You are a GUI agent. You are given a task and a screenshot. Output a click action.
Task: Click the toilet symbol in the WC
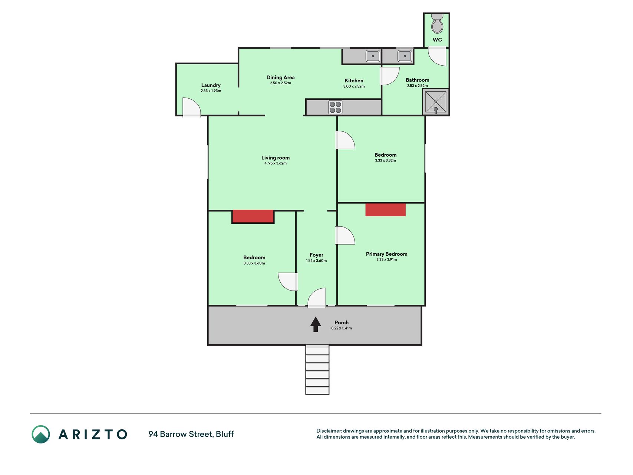tap(437, 24)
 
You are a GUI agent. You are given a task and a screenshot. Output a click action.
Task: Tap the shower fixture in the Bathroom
tap(436, 102)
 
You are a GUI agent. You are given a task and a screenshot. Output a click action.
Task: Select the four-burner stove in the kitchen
tap(335, 107)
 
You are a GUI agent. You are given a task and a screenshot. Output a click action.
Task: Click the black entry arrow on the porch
tap(316, 324)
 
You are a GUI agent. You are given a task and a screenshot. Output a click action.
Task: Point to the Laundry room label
tap(211, 85)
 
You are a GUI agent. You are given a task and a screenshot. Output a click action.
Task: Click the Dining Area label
tap(280, 78)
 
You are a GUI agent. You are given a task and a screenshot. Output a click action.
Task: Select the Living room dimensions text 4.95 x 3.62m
tap(276, 163)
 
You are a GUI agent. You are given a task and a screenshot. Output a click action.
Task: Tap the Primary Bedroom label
tap(387, 254)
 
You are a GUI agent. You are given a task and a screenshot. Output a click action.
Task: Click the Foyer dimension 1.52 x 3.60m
tap(316, 261)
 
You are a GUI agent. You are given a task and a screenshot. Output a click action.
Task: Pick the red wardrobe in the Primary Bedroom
tap(386, 210)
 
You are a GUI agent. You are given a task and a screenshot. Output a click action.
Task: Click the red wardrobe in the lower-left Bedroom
tap(253, 216)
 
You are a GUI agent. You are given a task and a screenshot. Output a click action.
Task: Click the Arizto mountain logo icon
tap(41, 434)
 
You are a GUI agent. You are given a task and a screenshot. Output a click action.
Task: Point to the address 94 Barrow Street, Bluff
tap(191, 434)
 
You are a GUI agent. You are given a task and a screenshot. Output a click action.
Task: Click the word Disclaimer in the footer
tap(329, 431)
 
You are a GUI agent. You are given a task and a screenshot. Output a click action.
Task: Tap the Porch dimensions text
tap(342, 328)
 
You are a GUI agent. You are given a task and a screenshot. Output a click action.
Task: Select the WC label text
tap(437, 40)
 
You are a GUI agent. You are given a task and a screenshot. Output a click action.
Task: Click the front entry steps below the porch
tap(317, 370)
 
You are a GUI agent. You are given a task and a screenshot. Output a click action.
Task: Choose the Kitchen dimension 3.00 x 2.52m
tap(354, 86)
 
